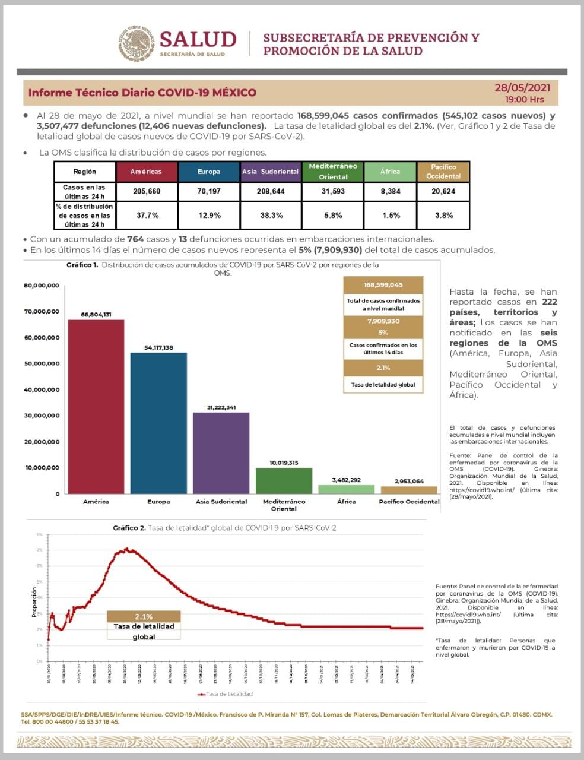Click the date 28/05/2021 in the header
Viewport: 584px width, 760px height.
coord(522,88)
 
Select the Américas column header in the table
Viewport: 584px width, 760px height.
coord(145,172)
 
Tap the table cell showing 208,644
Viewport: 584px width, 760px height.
coord(271,192)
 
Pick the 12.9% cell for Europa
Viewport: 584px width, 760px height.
coord(209,215)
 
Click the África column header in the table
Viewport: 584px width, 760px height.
coord(390,172)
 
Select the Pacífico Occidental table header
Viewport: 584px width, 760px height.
coord(443,172)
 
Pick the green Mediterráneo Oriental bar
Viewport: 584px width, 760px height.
coord(284,481)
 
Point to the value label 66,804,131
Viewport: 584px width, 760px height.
coord(96,315)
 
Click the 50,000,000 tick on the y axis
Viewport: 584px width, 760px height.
coord(42,363)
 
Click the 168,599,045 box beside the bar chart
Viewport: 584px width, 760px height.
coord(383,285)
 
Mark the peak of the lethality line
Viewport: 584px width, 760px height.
coord(126,550)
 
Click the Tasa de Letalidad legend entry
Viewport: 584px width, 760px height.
coord(226,694)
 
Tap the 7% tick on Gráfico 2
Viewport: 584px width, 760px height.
coord(39,550)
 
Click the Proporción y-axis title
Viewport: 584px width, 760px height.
coord(34,601)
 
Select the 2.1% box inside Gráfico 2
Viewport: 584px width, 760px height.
coord(144,616)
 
